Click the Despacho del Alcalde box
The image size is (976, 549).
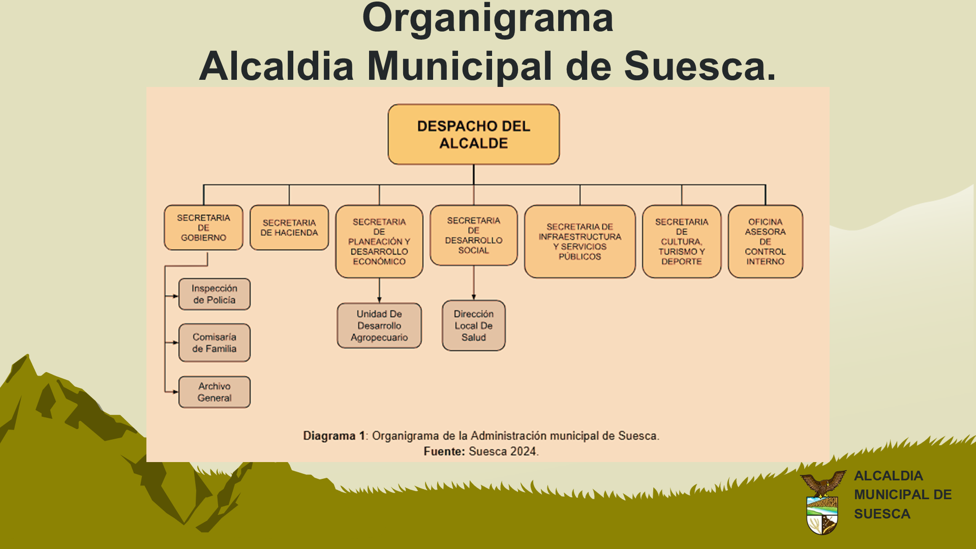pos(473,134)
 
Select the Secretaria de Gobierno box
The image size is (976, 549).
pos(203,227)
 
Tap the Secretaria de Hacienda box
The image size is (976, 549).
pos(289,227)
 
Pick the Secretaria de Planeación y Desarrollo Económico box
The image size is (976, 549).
pos(379,241)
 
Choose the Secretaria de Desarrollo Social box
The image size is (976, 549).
pos(474,235)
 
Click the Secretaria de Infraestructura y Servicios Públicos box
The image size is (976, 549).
pos(580,241)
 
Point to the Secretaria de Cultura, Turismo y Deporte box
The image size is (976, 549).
pos(682,241)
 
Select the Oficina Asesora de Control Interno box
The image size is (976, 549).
pos(766,241)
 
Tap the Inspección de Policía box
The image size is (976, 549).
pos(215,294)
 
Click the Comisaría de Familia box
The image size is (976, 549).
pos(215,343)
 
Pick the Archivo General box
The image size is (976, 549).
pos(215,392)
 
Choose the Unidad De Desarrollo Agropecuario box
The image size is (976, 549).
pos(379,326)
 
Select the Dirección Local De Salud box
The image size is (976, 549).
pos(474,325)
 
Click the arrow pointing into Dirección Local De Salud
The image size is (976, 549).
pos(474,283)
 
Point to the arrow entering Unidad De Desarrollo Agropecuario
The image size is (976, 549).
pos(379,290)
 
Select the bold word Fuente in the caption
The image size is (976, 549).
pos(443,451)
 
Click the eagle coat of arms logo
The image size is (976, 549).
pos(822,502)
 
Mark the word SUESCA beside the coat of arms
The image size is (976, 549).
pos(882,514)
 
